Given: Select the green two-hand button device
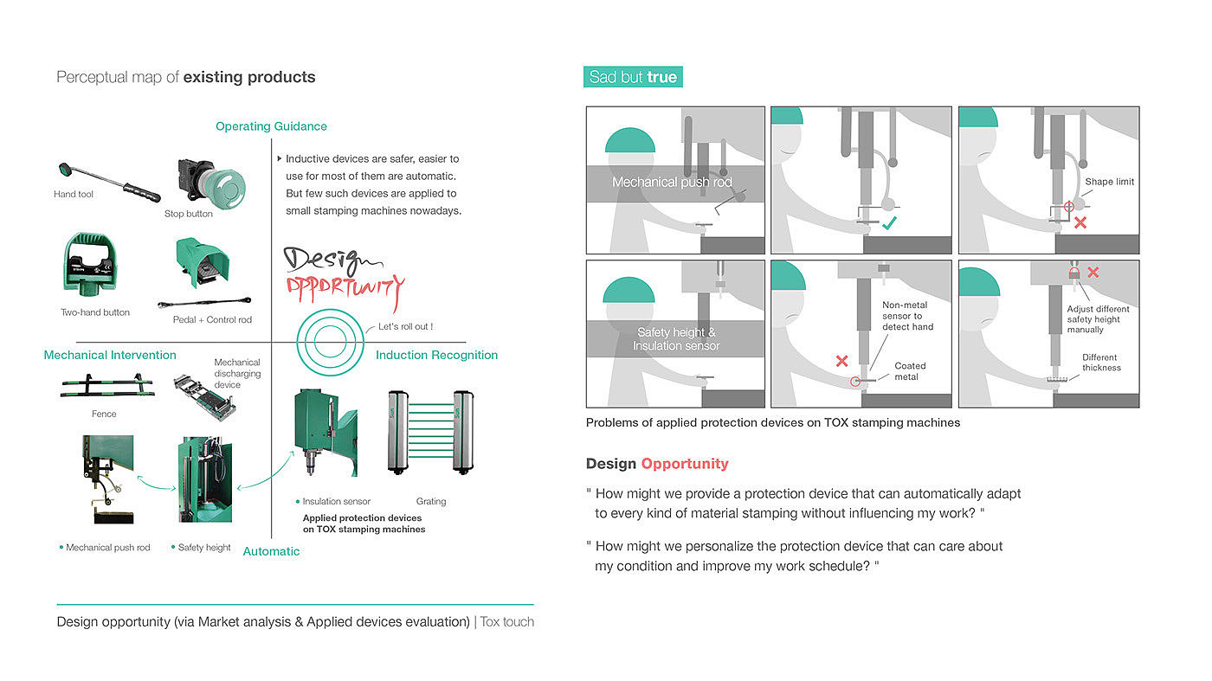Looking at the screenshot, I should click(x=89, y=263).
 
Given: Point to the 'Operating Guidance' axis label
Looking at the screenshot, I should click(x=271, y=126).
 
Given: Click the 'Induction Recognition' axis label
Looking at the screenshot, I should click(x=436, y=355).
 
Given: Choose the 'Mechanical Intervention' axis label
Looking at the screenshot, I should click(x=110, y=355).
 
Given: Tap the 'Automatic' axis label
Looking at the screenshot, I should click(x=271, y=551).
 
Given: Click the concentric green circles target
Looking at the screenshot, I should click(x=327, y=342).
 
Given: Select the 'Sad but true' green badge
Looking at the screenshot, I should click(x=633, y=77).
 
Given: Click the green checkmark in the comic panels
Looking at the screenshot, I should click(x=888, y=222).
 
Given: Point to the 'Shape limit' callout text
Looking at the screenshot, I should click(x=1109, y=182).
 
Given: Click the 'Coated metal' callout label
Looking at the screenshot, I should click(x=910, y=371).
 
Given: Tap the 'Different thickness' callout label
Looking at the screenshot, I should click(x=1100, y=363).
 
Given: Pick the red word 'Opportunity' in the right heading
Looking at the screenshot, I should click(x=685, y=464).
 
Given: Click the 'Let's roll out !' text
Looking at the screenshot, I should click(x=405, y=327).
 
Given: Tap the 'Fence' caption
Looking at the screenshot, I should click(x=104, y=414).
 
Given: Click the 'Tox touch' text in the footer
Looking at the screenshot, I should click(x=506, y=621).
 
